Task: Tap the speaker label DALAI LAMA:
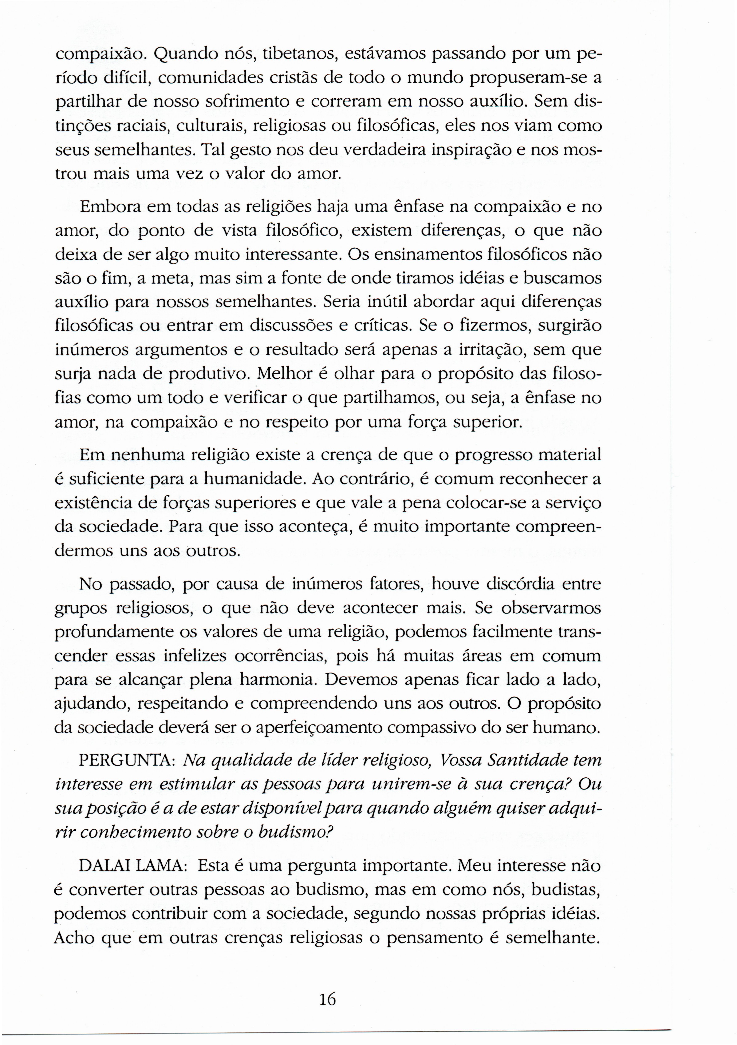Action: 131,865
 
